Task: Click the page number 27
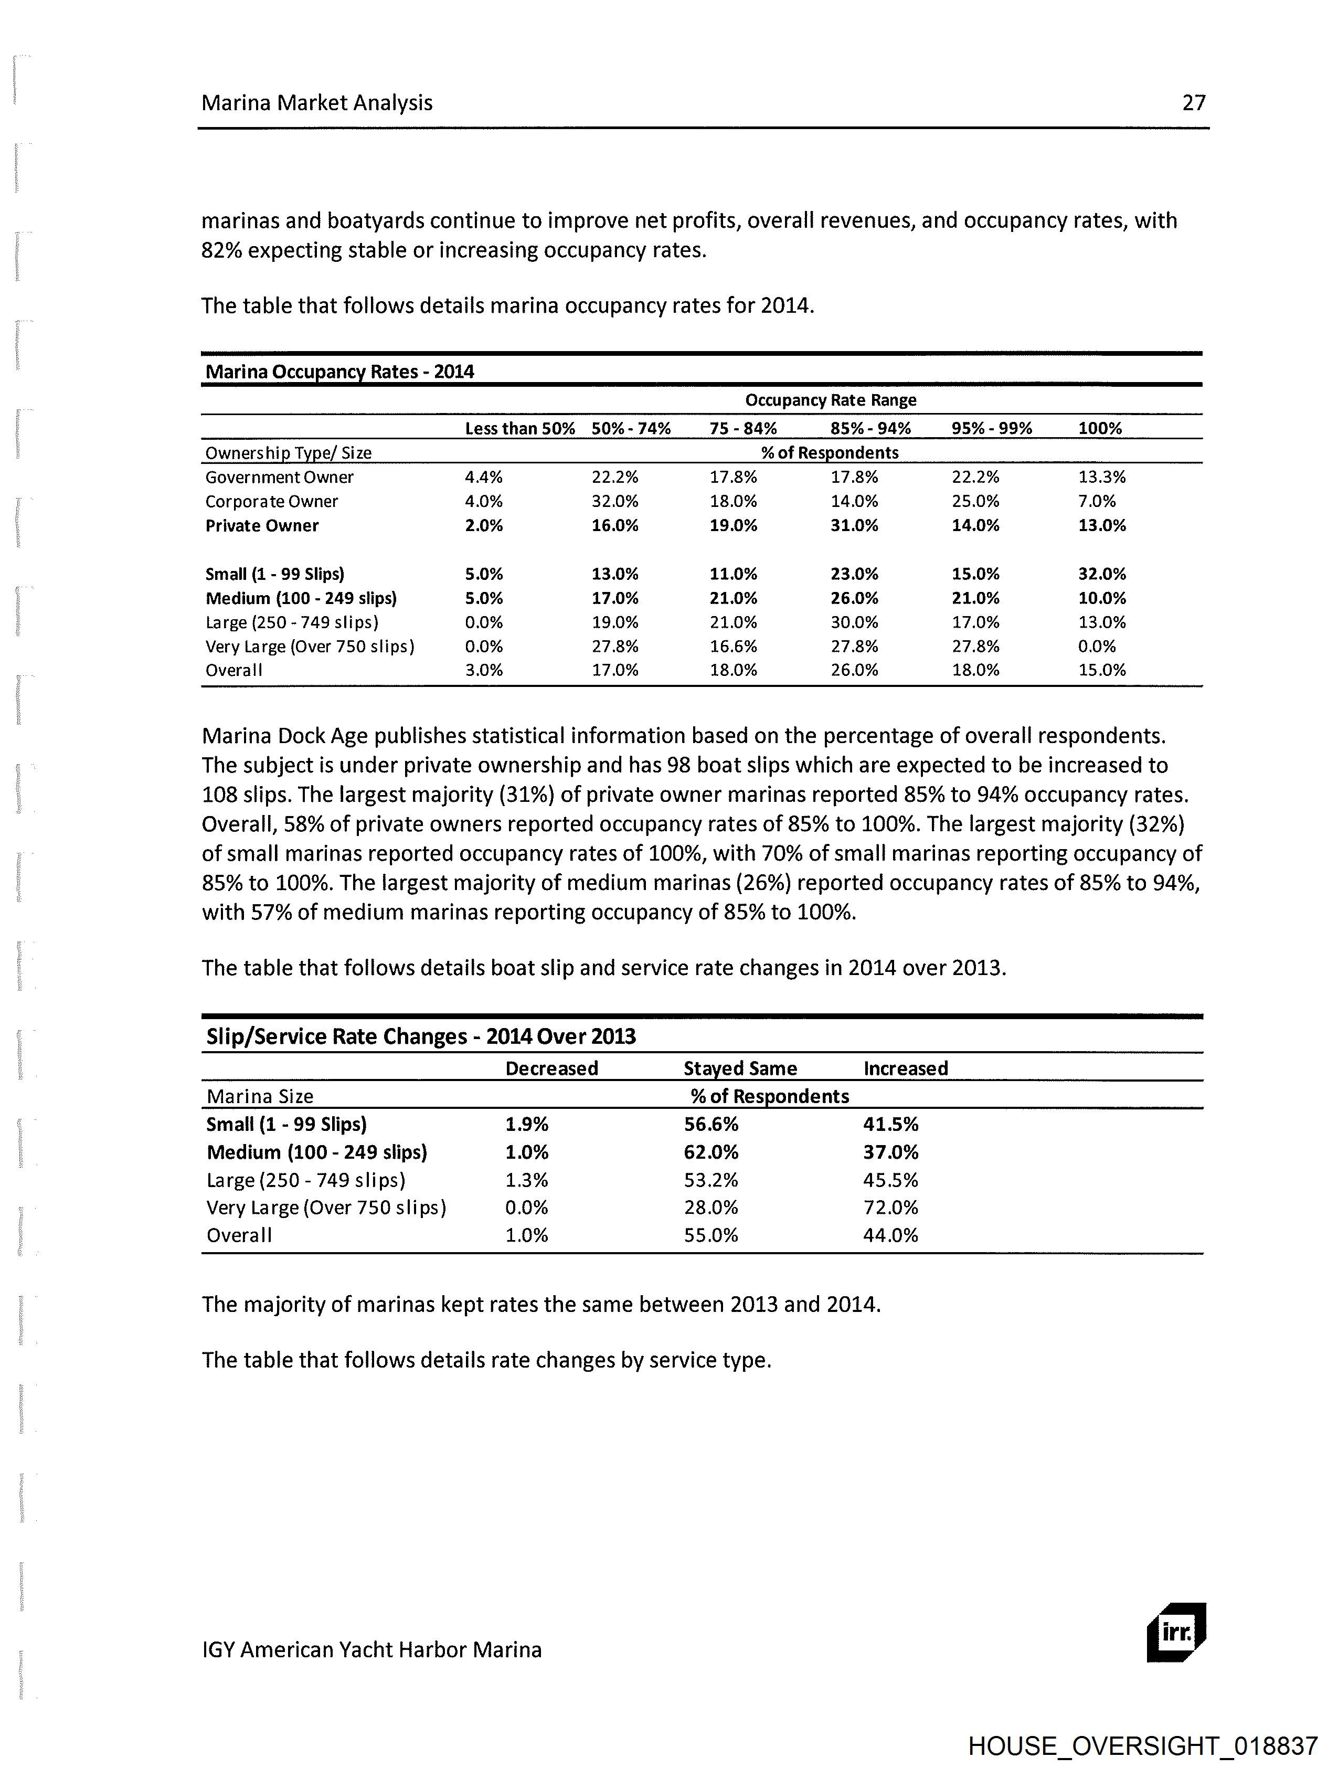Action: click(x=1193, y=102)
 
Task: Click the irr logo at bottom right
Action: click(x=1176, y=1632)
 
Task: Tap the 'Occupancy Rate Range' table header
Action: click(x=831, y=400)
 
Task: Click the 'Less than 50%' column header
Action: click(x=519, y=428)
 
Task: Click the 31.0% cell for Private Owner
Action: click(x=854, y=526)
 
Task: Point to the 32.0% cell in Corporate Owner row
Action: click(x=614, y=501)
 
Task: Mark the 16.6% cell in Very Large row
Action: click(x=733, y=646)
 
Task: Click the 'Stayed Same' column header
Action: click(x=740, y=1068)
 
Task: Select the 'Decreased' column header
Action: click(x=551, y=1068)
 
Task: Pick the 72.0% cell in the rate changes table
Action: click(x=890, y=1207)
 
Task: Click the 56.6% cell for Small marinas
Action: click(x=710, y=1124)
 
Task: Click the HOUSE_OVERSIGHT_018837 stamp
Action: click(x=1142, y=1745)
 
